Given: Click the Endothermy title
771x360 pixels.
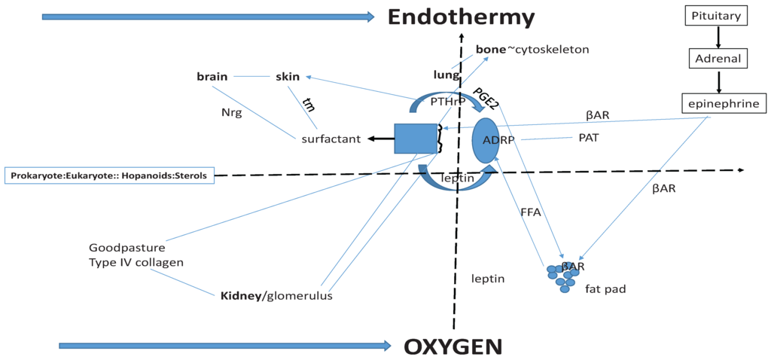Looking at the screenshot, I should [x=461, y=17].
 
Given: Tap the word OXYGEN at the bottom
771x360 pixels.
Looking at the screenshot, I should [x=453, y=346].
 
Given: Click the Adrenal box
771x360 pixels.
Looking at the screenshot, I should [x=717, y=58].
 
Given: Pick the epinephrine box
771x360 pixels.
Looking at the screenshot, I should [x=720, y=103].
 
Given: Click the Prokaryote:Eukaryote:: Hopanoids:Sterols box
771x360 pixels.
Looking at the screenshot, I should [x=110, y=175].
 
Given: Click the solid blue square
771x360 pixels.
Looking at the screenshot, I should [x=416, y=140].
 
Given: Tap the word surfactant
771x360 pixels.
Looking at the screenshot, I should [x=331, y=139].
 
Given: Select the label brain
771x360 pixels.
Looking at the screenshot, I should [x=212, y=76].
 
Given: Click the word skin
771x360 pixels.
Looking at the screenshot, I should [x=288, y=76].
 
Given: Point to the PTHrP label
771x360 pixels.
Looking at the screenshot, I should [x=448, y=101].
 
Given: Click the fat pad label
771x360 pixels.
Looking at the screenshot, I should [x=605, y=288].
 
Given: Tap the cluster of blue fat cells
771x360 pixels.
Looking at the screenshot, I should [x=563, y=276].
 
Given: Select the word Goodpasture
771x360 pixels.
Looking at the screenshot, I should [x=126, y=247].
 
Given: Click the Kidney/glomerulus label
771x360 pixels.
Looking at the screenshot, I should [x=276, y=296].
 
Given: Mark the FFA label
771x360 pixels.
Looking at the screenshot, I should [x=531, y=213].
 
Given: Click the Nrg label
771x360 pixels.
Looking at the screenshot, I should [x=230, y=113].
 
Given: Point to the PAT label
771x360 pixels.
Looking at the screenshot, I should [x=589, y=137].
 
